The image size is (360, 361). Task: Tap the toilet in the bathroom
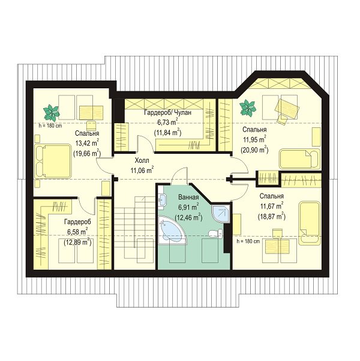216,234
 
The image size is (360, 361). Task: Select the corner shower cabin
220,213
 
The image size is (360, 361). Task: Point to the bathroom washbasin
162,199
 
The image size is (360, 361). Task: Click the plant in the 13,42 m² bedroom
52,112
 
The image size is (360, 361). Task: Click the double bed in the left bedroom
52,161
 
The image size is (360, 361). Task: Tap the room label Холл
142,160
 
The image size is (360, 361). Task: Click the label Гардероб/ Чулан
167,112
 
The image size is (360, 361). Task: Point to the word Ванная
188,197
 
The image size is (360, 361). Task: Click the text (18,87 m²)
271,216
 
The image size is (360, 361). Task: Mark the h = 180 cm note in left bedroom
50,126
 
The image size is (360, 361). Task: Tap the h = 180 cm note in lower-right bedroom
248,241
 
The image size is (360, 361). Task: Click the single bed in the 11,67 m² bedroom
310,223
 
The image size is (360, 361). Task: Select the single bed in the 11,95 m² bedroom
299,159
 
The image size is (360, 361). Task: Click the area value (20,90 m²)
254,150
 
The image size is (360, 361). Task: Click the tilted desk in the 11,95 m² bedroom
288,108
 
